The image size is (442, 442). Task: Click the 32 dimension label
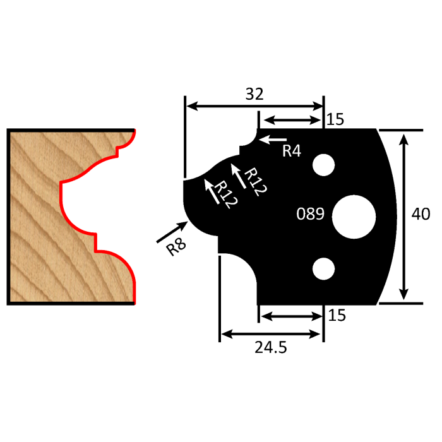(254, 94)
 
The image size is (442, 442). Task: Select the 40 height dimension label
(420, 215)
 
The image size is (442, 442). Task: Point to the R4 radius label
(292, 151)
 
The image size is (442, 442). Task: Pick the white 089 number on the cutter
(311, 214)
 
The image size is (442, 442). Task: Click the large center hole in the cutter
(354, 214)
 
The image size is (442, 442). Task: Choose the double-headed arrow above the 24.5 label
(272, 333)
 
